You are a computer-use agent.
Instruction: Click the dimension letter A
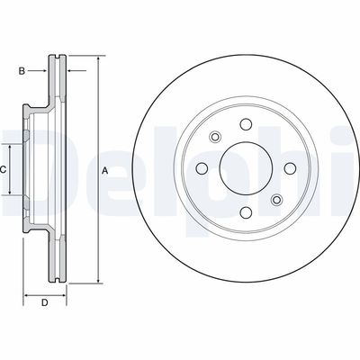104,171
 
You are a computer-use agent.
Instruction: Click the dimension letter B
22,71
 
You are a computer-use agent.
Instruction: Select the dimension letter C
3,170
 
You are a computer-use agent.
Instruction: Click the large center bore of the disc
246,168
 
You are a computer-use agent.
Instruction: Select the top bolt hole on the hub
246,124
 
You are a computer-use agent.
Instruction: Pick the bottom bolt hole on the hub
246,212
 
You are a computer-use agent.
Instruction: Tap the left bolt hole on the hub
202,168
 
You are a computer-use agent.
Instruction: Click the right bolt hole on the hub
290,168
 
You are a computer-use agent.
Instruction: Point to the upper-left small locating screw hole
215,137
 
